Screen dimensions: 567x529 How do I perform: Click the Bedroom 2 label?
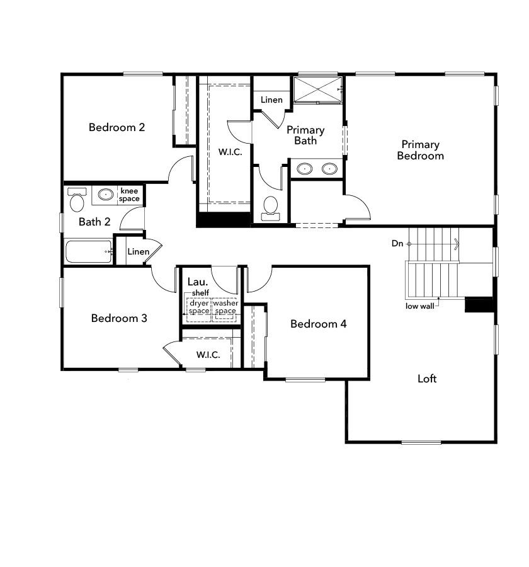point(117,127)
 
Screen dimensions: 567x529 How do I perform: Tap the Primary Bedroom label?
point(420,150)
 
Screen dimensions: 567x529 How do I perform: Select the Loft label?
point(427,379)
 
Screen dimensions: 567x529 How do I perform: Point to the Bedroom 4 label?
point(318,324)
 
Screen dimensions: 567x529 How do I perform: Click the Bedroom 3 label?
point(119,318)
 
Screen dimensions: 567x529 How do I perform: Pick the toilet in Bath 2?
point(77,200)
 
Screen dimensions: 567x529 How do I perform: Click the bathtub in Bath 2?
point(88,251)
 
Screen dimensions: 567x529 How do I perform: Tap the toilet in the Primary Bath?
point(271,207)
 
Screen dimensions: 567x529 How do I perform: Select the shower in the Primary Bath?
point(318,89)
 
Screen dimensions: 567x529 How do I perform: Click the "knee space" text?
point(129,195)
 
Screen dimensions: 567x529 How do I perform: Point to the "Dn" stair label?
point(397,243)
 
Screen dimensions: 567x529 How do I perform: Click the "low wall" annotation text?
point(419,307)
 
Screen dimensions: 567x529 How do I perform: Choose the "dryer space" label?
point(199,307)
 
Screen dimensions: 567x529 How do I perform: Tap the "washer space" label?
point(225,307)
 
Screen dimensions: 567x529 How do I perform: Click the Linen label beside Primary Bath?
point(271,100)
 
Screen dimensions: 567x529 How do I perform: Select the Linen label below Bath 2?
point(138,252)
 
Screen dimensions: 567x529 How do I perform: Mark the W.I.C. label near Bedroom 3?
point(208,355)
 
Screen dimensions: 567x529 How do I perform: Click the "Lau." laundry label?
point(194,282)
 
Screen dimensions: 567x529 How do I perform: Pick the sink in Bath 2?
point(105,195)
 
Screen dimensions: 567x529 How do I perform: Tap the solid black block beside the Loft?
point(479,304)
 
